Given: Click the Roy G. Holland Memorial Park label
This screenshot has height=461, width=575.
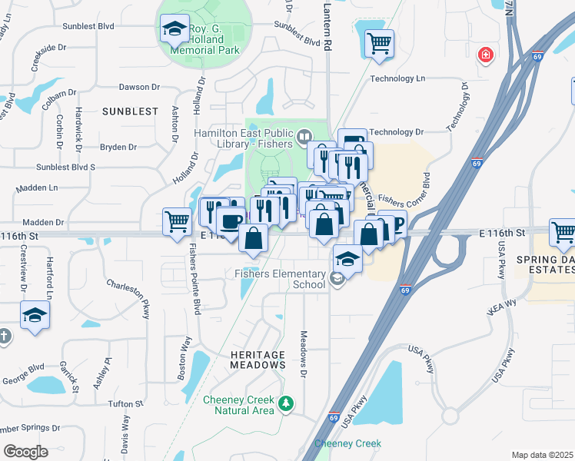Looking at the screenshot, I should tap(205, 41).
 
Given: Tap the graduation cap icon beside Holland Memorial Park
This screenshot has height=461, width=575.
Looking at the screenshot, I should tap(175, 30).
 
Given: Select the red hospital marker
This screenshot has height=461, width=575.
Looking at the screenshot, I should tap(485, 55).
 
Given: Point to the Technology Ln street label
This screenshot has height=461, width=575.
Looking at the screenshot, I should tap(397, 78).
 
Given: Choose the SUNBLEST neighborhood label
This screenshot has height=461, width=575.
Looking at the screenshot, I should tap(130, 111).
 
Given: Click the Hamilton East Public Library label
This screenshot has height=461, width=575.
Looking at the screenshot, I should tap(243, 138).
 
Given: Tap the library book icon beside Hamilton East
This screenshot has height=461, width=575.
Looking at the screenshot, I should tap(304, 137).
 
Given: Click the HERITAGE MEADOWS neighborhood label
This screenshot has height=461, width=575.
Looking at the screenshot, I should tap(258, 360).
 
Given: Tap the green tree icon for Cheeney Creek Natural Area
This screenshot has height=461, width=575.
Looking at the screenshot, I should tap(286, 403).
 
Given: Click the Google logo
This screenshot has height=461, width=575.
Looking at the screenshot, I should tap(25, 452).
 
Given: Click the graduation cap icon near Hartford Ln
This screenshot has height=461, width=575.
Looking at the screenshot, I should tap(35, 314).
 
